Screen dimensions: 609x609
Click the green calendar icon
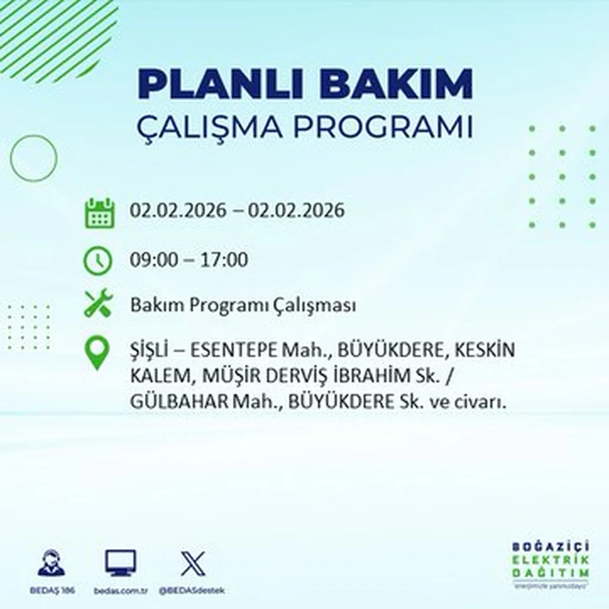[99, 213]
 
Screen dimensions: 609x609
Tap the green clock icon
[98, 261]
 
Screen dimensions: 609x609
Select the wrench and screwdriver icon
[98, 303]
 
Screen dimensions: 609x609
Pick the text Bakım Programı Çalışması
[243, 305]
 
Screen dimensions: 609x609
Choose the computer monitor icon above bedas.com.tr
[120, 564]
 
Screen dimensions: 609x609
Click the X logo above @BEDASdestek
[193, 564]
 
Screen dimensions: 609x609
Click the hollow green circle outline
[33, 158]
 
